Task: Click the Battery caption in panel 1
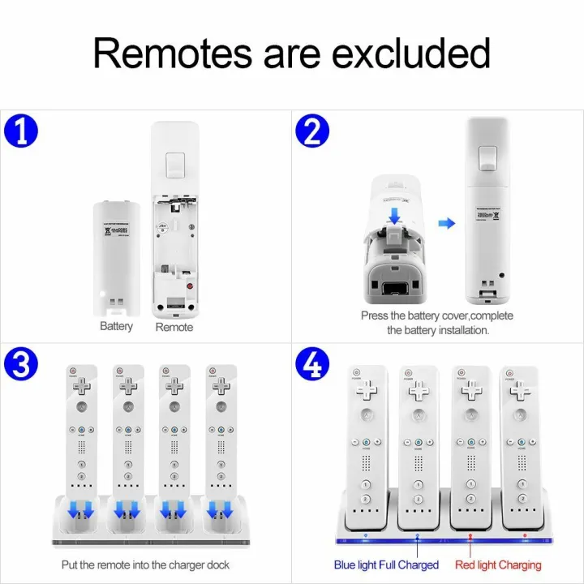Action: point(116,326)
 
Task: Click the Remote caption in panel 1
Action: point(174,327)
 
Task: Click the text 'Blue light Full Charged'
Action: point(386,565)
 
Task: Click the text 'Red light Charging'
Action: point(498,565)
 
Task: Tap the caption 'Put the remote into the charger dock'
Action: point(146,565)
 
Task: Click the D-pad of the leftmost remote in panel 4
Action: point(367,390)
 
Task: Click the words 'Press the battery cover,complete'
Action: point(437,316)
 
